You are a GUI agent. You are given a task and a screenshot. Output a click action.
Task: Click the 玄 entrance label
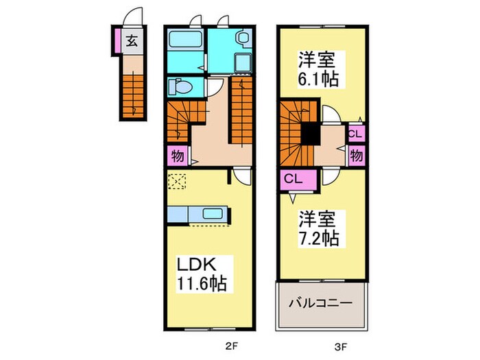tap(132, 40)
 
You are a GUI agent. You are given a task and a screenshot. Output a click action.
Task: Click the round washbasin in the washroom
tap(242, 40)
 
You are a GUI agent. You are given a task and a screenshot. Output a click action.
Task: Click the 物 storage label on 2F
tap(175, 155)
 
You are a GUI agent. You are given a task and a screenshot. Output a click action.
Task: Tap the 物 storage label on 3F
tap(357, 154)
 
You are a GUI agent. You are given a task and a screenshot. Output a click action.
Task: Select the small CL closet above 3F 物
tap(356, 133)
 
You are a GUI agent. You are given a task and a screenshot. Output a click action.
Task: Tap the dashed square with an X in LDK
tap(178, 182)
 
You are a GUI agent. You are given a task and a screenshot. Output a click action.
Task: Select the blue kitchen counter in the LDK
tap(199, 214)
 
